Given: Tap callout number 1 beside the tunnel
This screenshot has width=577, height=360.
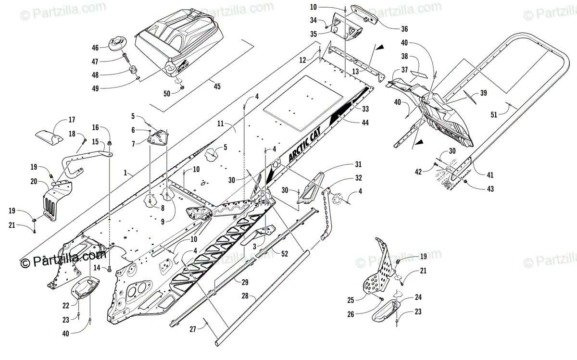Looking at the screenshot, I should (126, 172).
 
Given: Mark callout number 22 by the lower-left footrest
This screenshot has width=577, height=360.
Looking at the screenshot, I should (66, 305).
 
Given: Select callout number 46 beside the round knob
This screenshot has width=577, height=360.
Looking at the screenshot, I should (95, 48).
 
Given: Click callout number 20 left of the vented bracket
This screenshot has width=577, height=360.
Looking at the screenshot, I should (34, 181).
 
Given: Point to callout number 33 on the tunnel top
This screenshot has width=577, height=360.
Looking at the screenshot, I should (365, 109).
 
